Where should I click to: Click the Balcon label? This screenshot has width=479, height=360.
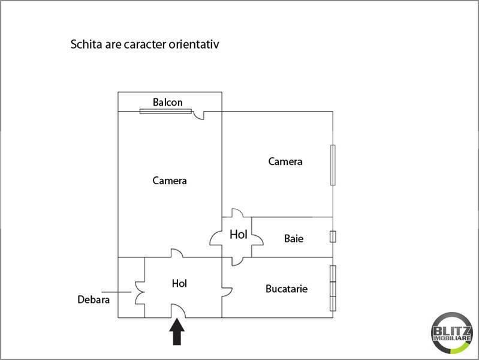168,102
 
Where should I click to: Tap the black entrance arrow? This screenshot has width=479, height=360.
177,332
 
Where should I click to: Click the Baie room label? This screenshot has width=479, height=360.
294,239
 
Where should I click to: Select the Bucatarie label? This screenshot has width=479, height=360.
287,289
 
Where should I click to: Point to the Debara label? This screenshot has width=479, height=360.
94,299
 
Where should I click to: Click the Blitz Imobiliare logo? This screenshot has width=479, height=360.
452,333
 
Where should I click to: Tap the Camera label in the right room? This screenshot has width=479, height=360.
285,161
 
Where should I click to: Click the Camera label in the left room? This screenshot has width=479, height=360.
170,181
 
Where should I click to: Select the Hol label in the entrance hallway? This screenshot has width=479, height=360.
179,284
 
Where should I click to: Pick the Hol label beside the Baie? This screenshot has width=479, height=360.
238,235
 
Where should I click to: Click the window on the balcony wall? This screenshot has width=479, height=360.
165,112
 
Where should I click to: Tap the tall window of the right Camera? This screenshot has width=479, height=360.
333,165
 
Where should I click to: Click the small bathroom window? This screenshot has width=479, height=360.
333,237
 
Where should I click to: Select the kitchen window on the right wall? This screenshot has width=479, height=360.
333,289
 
